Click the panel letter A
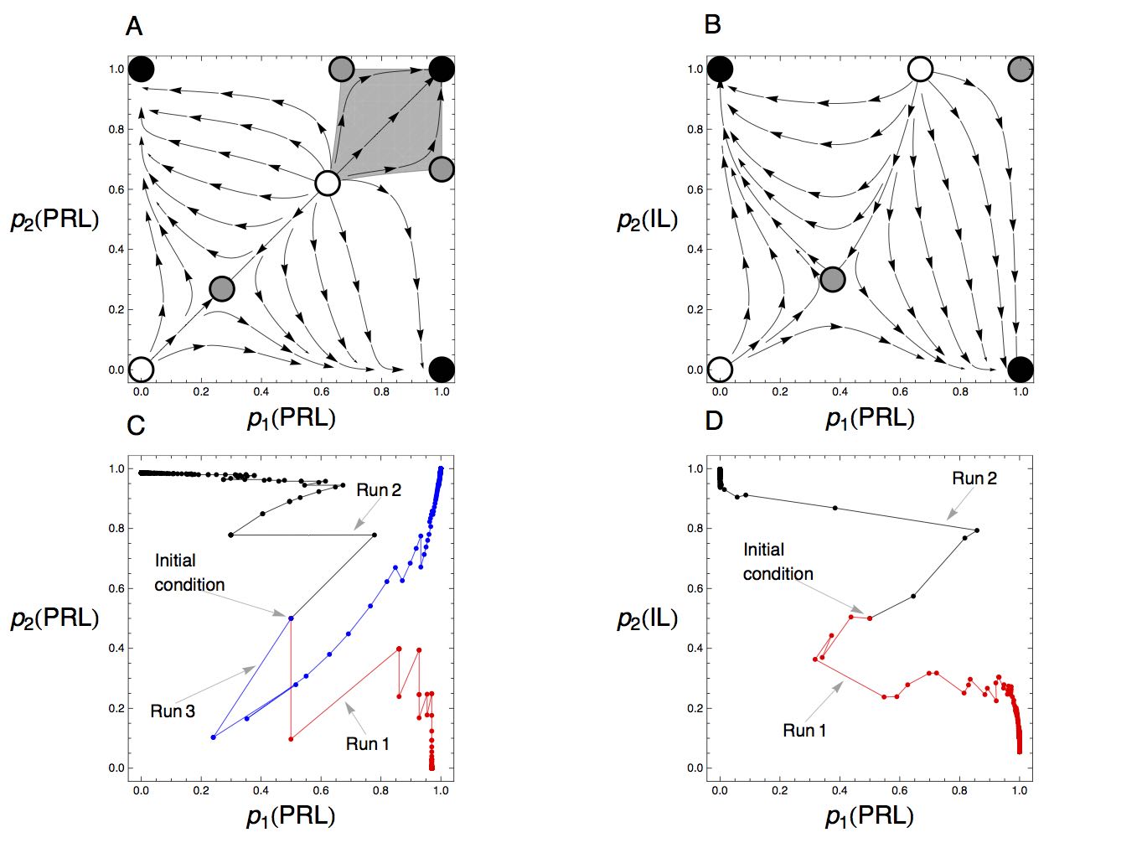point(134,26)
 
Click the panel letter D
point(714,421)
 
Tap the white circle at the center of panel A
point(327,183)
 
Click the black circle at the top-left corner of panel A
point(141,69)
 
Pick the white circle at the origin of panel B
point(720,370)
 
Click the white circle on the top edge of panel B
point(920,69)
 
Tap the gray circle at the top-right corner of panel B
point(1020,69)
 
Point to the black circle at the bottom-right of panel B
point(1020,370)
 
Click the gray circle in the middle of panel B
point(833,280)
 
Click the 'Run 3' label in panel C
point(173,711)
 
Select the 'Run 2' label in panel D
point(974,478)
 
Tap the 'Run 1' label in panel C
point(367,743)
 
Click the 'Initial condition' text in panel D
point(778,561)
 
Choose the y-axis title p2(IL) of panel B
point(647,220)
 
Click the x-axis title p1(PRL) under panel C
point(291,817)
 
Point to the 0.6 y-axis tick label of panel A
point(116,189)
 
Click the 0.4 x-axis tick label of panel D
point(840,790)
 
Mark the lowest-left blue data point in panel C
point(213,737)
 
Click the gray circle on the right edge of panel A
point(442,169)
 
